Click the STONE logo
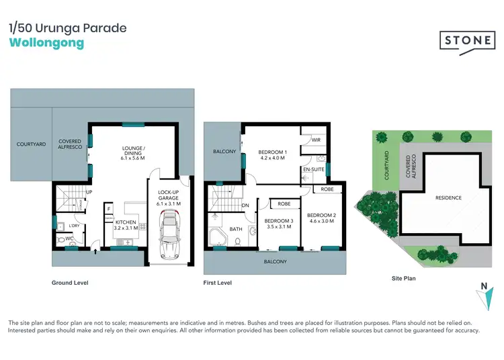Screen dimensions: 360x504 466,40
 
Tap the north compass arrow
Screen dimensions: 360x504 483,287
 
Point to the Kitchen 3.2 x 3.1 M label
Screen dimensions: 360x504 126,225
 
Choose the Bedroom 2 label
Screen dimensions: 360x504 321,219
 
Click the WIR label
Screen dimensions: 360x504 315,140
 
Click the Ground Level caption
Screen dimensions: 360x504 70,283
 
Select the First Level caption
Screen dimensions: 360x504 218,283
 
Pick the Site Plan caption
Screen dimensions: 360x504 405,277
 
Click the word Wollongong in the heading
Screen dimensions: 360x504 47,43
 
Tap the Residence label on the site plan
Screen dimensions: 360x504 448,197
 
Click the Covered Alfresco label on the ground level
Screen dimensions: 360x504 70,144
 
